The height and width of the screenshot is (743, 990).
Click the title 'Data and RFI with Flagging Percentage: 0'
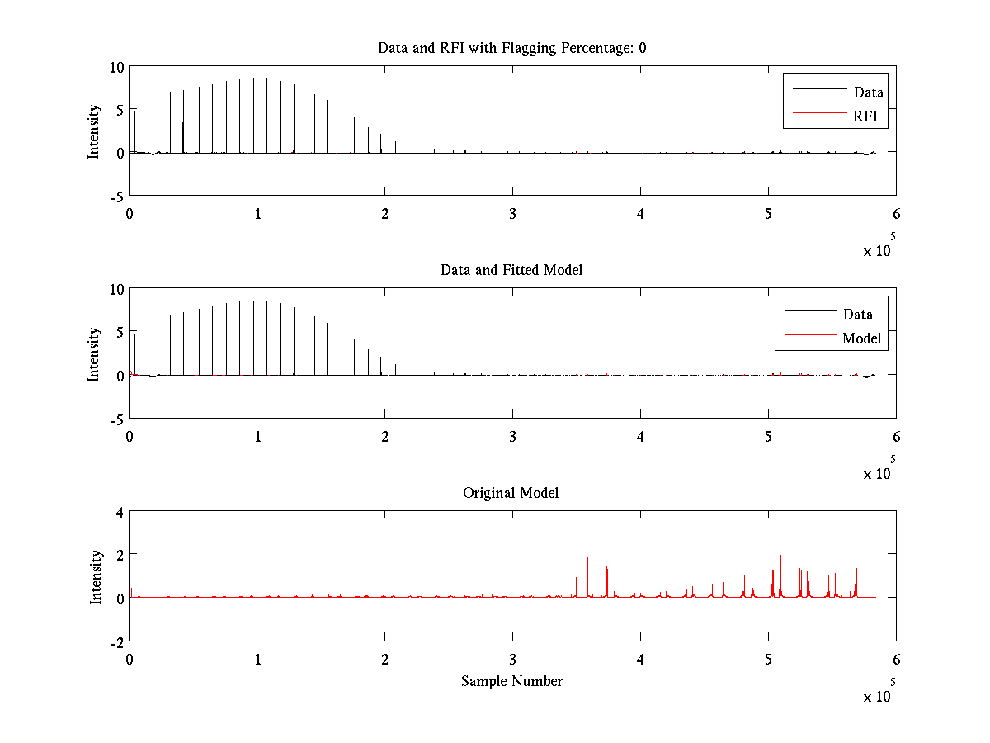point(511,48)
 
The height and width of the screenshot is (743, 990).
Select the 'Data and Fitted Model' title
point(511,270)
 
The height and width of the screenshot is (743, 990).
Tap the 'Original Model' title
point(511,493)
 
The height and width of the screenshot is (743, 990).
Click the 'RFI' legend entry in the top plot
point(870,116)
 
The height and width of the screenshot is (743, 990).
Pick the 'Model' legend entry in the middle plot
point(861,338)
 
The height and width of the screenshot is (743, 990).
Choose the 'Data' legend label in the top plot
point(869,92)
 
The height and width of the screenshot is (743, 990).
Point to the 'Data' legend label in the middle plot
point(858,315)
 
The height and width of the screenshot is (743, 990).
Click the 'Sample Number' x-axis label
point(511,681)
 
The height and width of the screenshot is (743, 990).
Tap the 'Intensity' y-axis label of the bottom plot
point(96,576)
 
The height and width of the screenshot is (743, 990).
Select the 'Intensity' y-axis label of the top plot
point(94,130)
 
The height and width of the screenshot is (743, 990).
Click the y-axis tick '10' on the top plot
point(115,68)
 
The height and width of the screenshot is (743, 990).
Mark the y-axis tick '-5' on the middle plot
point(115,419)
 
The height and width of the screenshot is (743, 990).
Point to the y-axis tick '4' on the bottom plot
point(119,513)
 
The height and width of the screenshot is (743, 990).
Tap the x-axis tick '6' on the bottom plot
point(896,660)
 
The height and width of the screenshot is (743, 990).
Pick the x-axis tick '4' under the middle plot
point(641,437)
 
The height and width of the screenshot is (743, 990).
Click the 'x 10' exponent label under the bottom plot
point(878,698)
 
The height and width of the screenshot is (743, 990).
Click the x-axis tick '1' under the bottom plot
point(257,660)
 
